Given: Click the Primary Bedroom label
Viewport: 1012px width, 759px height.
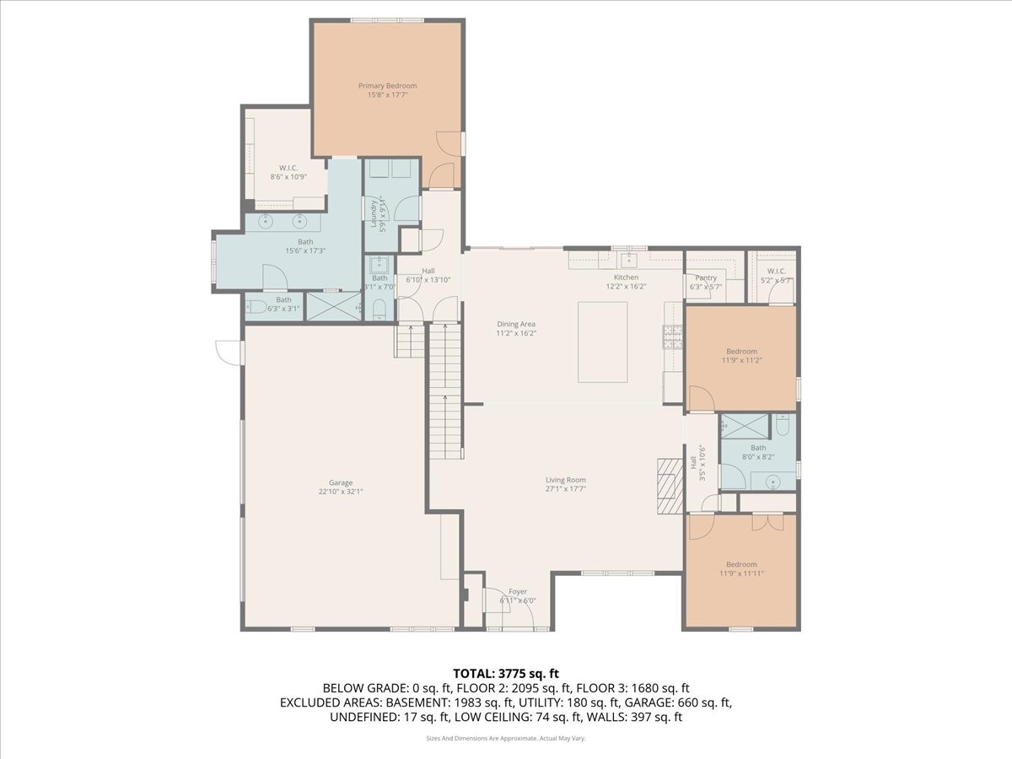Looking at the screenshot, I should click(x=387, y=86).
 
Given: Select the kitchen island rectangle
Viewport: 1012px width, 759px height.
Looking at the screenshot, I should click(x=602, y=342).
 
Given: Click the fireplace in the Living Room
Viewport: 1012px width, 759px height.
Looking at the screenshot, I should click(x=670, y=486).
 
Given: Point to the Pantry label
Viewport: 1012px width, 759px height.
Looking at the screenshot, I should click(x=706, y=277).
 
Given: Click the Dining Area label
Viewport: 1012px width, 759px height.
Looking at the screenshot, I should click(x=516, y=324).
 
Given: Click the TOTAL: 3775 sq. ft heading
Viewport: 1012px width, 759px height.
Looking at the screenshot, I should click(x=505, y=673).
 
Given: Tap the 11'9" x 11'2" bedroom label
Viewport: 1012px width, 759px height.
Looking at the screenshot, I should click(x=741, y=360).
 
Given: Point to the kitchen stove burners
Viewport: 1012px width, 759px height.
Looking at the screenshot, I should click(x=673, y=337).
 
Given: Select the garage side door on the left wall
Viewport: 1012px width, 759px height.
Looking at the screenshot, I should click(x=229, y=353).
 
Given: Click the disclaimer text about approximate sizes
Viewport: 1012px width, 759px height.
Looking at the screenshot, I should click(x=505, y=738).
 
